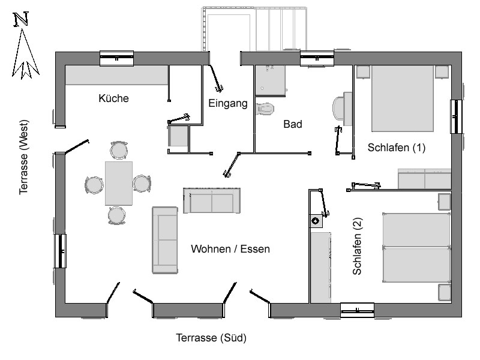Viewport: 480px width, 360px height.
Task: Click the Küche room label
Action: coord(113,98)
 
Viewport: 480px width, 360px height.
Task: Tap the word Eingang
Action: coord(228,103)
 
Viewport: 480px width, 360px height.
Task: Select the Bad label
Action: coord(293,124)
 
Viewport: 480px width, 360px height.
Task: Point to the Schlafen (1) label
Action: coord(397,148)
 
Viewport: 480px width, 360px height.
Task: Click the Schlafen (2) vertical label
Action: coord(357,246)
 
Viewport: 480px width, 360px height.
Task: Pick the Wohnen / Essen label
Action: coord(230,249)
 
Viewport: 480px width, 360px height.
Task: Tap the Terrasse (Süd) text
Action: coord(211,338)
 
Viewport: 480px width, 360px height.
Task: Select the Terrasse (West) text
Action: coord(23,157)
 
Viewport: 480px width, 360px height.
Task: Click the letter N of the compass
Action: coord(21,19)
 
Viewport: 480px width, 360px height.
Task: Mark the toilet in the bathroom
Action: coord(265,109)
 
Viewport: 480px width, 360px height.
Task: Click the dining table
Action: coord(119,184)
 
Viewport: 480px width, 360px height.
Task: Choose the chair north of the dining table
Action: coord(119,151)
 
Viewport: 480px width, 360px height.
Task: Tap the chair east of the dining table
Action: coord(142,184)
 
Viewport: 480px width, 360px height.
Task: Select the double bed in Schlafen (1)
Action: coord(403,98)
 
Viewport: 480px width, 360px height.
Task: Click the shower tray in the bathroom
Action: coord(271,80)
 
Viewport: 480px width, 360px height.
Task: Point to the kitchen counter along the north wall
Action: coord(116,75)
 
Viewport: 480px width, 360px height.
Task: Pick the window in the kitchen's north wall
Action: coord(116,58)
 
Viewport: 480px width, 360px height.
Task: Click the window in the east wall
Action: coord(456,116)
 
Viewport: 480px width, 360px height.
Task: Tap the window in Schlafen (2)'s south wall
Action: coord(357,310)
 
